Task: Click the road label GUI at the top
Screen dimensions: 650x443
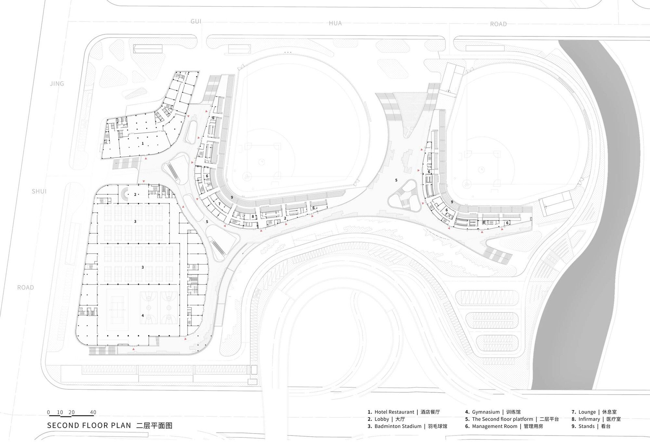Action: coord(196,21)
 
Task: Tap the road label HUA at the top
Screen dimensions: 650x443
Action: coord(335,23)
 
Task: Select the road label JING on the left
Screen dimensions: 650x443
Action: coord(57,83)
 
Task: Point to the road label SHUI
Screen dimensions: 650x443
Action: coord(39,191)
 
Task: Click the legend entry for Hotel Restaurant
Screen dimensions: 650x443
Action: coord(404,412)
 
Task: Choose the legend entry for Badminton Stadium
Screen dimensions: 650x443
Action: coord(407,426)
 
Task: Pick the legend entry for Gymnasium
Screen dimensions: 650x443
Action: coord(493,412)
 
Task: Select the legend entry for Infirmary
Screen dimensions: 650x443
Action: coord(596,419)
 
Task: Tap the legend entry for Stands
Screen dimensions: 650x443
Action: coord(591,426)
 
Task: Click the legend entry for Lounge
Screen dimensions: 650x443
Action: coord(594,412)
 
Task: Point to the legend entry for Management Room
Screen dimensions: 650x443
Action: coord(504,426)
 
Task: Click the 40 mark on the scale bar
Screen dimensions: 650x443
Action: coord(93,412)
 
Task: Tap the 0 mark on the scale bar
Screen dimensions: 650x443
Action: coord(48,412)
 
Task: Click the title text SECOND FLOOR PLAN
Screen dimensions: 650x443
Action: coord(89,425)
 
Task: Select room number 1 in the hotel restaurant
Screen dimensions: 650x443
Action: coord(142,143)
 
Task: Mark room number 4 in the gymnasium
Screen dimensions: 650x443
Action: coord(142,315)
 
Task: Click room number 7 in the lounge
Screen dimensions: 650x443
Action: coord(219,204)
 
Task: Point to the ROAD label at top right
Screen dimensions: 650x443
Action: coord(498,24)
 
